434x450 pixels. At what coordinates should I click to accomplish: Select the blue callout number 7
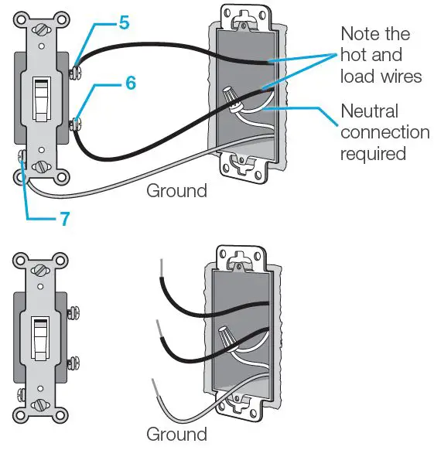tap(66, 219)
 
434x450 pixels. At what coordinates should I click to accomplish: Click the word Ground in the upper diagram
tap(177, 190)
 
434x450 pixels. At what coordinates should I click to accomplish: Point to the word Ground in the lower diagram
tap(177, 434)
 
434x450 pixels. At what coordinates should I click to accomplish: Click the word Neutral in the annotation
tap(371, 111)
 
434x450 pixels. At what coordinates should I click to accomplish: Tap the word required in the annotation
tap(373, 153)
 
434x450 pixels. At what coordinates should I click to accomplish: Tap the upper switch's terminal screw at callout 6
tap(77, 122)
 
